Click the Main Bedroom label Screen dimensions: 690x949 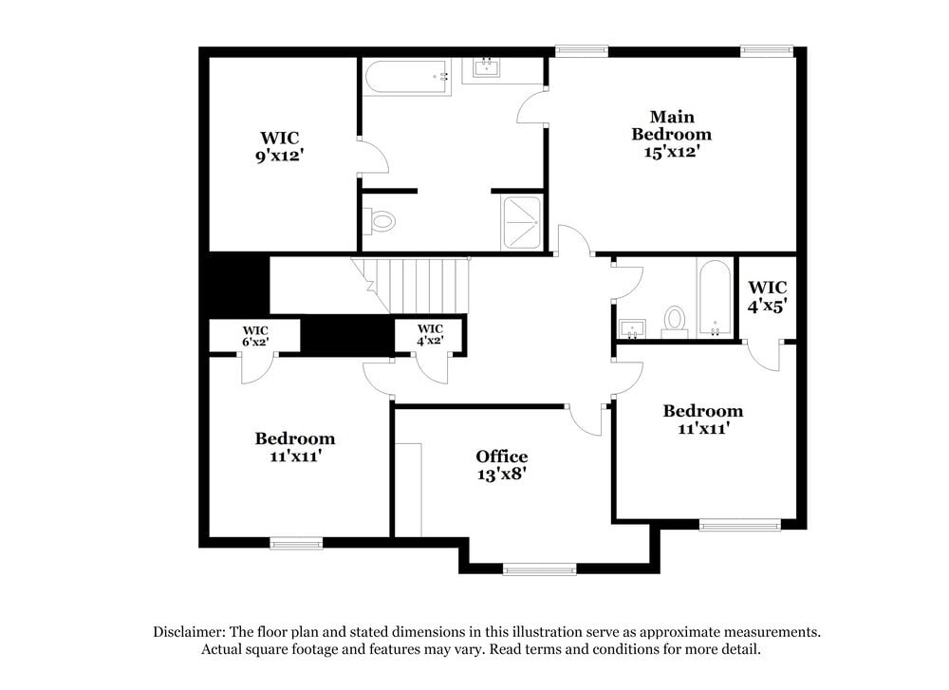pyautogui.click(x=671, y=125)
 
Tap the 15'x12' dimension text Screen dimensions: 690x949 pyautogui.click(x=671, y=151)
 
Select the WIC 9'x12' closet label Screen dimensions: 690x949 pyautogui.click(x=278, y=147)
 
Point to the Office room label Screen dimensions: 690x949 pyautogui.click(x=501, y=457)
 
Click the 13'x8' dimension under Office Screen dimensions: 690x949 pyautogui.click(x=501, y=474)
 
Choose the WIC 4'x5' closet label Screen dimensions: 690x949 pyautogui.click(x=767, y=297)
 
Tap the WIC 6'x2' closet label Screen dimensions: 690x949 pyautogui.click(x=254, y=335)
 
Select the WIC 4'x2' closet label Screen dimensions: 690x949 pyautogui.click(x=430, y=334)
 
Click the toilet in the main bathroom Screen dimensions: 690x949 pyautogui.click(x=380, y=222)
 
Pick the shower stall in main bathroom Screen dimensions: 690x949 pyautogui.click(x=518, y=223)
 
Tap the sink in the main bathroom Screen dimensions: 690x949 pyautogui.click(x=488, y=68)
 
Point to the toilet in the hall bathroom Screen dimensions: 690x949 pyautogui.click(x=675, y=320)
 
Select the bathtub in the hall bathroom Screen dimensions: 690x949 pyautogui.click(x=714, y=298)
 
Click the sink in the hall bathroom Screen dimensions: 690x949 pyautogui.click(x=631, y=329)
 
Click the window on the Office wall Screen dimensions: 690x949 pyautogui.click(x=539, y=569)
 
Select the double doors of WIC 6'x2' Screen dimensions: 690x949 pyautogui.click(x=256, y=368)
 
